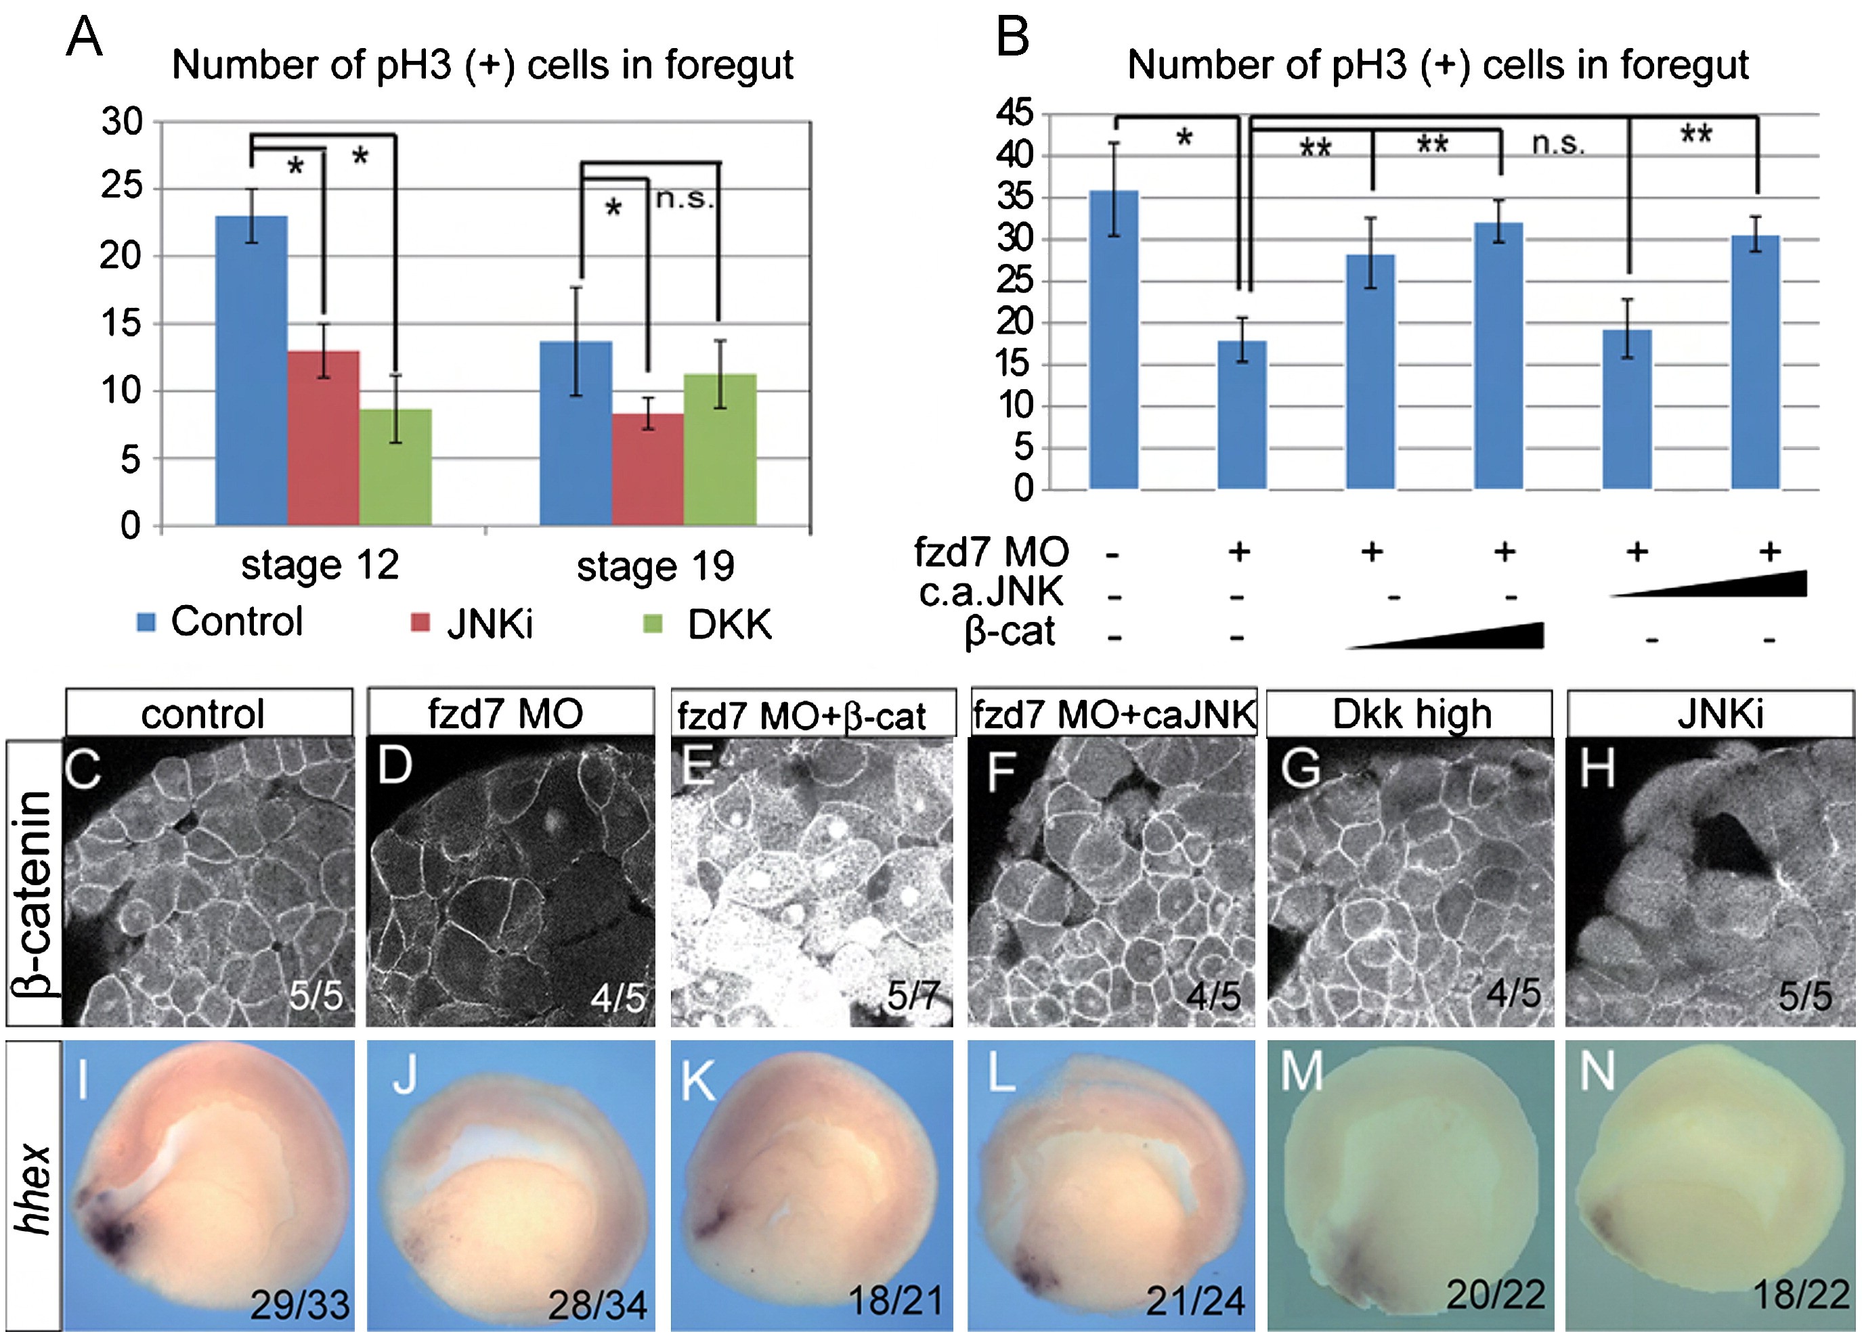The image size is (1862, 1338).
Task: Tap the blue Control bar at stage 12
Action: pos(251,370)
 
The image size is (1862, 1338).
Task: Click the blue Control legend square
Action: pos(146,622)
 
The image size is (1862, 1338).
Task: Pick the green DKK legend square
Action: pos(652,624)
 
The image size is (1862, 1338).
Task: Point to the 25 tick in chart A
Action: pos(121,188)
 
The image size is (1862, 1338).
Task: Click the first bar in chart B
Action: pos(1113,340)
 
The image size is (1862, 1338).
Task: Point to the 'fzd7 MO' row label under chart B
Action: pos(991,552)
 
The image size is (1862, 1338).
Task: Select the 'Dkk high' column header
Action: pos(1410,713)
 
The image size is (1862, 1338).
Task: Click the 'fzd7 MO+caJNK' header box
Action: pos(1113,714)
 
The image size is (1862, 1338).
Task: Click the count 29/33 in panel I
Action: pos(300,1303)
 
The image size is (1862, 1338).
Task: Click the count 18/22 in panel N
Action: pos(1800,1295)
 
